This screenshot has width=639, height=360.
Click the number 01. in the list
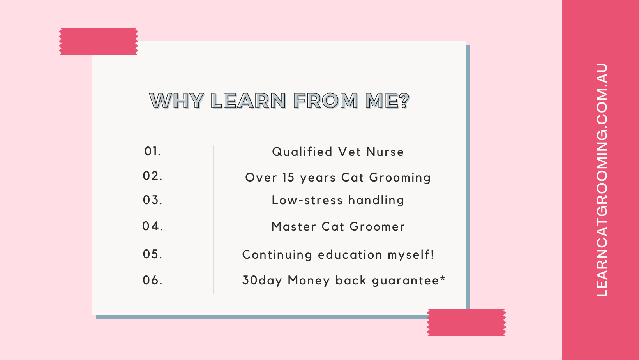[x=153, y=152]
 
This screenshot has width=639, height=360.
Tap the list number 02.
[x=153, y=176]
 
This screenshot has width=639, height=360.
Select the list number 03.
[x=153, y=200]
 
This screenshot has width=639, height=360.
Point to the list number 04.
[x=153, y=226]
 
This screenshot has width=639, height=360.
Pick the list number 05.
[x=153, y=254]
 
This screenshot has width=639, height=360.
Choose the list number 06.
[x=153, y=281]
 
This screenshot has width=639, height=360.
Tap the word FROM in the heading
[x=326, y=101]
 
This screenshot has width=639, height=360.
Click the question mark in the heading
[x=404, y=101]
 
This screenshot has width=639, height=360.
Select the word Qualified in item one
[x=302, y=152]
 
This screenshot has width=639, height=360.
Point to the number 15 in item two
[x=288, y=177]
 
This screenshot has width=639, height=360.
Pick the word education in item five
[x=350, y=254]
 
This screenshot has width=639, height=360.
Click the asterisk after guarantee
[x=443, y=279]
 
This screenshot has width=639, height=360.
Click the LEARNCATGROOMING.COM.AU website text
[x=602, y=180]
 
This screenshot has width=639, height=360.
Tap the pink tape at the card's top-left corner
[x=99, y=41]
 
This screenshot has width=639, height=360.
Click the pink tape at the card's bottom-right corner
[x=466, y=322]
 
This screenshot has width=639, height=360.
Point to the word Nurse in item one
[x=385, y=152]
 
